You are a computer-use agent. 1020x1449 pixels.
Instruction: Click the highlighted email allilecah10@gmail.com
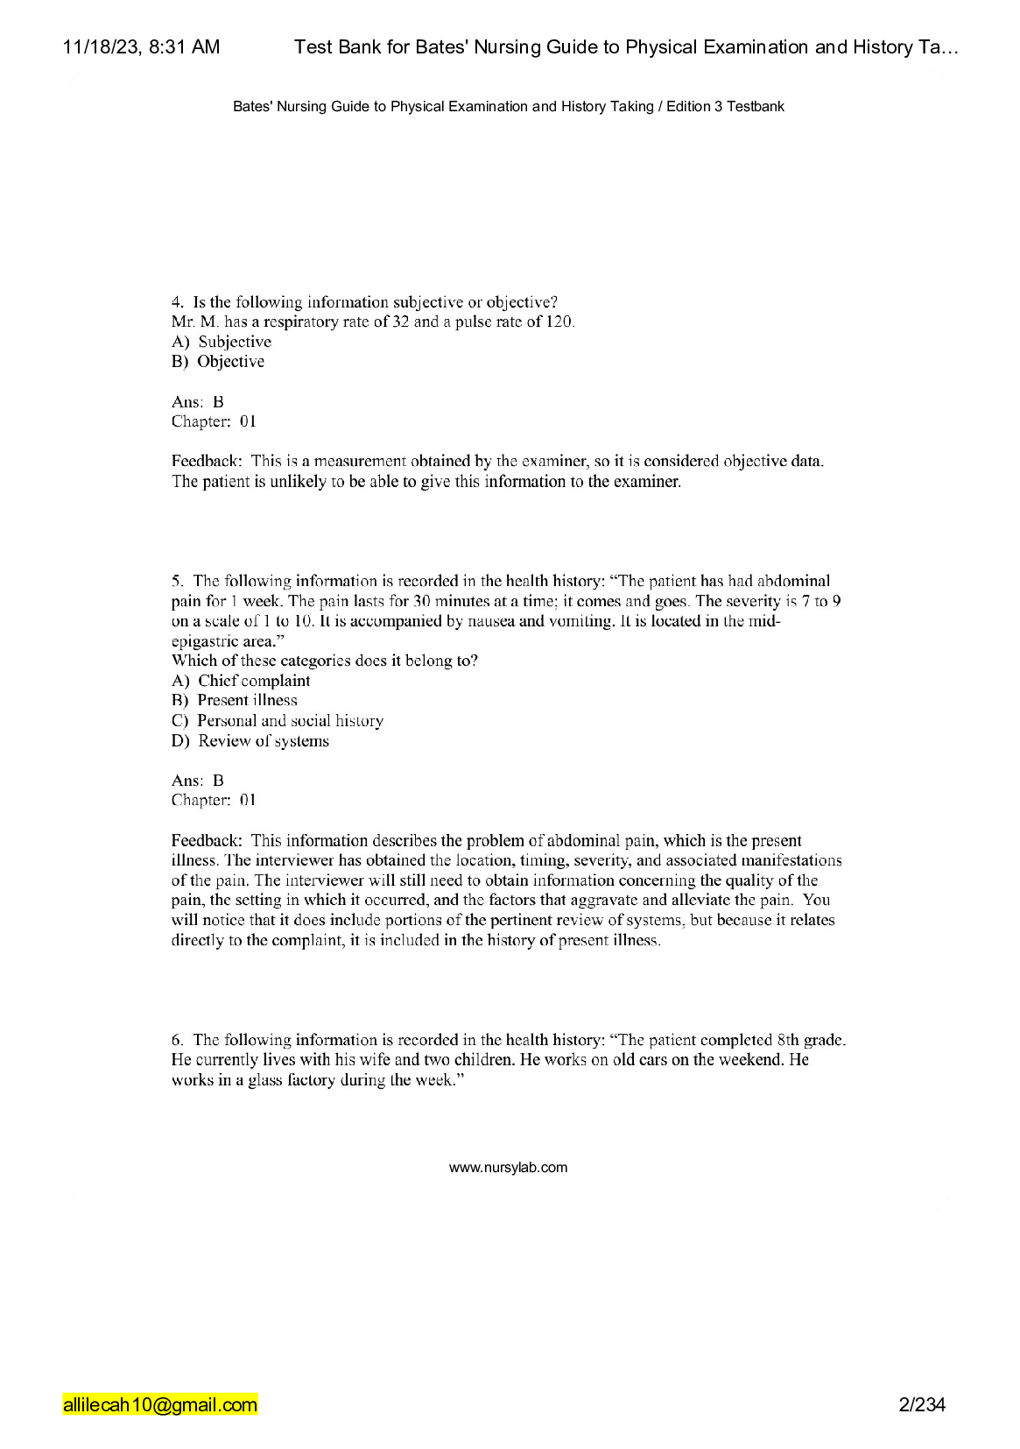[x=160, y=1405]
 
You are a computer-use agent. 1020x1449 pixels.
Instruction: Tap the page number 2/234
[x=922, y=1405]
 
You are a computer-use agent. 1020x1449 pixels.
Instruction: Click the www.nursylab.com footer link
[x=508, y=1168]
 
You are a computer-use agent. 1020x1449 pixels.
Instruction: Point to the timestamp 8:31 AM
[x=184, y=47]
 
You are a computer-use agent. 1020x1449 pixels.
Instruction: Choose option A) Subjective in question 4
[x=222, y=342]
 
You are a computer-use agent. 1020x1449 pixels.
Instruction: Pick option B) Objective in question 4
[x=219, y=362]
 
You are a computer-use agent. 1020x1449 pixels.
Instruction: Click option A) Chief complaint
[x=242, y=681]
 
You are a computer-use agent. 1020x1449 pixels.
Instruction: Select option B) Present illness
[x=235, y=700]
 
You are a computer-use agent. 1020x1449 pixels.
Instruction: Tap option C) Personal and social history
[x=278, y=721]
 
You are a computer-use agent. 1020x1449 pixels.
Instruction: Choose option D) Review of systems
[x=250, y=741]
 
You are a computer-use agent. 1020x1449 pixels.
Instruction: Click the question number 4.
[x=177, y=302]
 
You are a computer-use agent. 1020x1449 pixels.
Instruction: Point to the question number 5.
[x=177, y=581]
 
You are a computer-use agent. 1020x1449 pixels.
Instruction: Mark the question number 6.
[x=177, y=1040]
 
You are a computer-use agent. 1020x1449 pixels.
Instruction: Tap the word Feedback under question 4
[x=206, y=461]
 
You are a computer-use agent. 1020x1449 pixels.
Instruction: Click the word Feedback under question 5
[x=206, y=841]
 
